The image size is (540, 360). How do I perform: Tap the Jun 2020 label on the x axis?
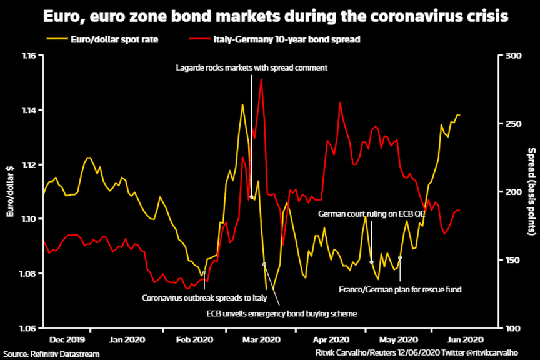pos(464,340)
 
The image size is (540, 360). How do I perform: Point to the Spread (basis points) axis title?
pos(531,191)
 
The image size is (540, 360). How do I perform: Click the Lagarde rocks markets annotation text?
pos(252,67)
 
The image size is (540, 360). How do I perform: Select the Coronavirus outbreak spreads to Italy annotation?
pos(204,297)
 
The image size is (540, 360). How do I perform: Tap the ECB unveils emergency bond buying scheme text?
pos(281,313)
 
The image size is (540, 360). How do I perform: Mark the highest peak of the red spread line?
pos(261,79)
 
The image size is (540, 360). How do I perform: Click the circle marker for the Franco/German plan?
pos(400,257)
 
